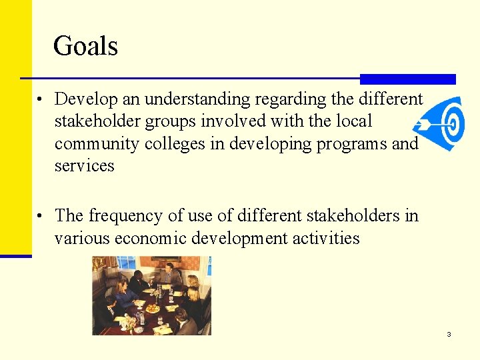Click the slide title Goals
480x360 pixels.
point(85,46)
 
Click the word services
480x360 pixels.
point(85,165)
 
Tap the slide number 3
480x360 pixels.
point(449,334)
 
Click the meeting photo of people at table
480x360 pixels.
point(151,295)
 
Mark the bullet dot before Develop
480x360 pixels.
point(41,101)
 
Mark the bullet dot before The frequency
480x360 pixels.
point(41,217)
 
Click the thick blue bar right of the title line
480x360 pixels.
point(407,79)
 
